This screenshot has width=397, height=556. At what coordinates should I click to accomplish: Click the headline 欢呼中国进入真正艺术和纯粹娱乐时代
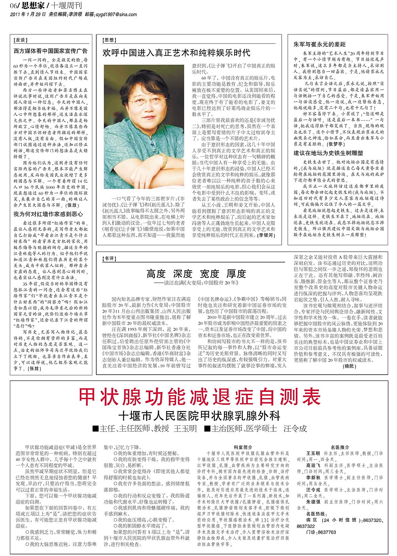coord(177,53)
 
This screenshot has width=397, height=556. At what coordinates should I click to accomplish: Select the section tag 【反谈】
coord(20,40)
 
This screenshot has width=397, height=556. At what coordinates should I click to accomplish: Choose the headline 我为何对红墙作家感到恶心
coord(48,214)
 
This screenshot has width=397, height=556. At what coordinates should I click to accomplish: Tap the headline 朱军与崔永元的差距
coord(319,44)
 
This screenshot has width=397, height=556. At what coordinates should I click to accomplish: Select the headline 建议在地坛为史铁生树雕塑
coord(328,153)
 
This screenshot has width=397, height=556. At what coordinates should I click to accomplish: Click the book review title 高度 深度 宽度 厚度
coord(196,274)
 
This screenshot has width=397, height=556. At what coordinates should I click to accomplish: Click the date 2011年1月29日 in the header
coord(28,15)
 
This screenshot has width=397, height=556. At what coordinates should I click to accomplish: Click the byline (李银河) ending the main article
coord(266,235)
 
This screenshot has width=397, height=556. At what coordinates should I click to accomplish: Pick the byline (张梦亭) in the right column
coord(335,144)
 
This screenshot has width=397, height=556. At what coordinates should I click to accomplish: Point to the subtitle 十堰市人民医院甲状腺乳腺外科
coord(199,416)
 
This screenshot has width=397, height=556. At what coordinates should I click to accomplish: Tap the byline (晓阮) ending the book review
coord(349,366)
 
